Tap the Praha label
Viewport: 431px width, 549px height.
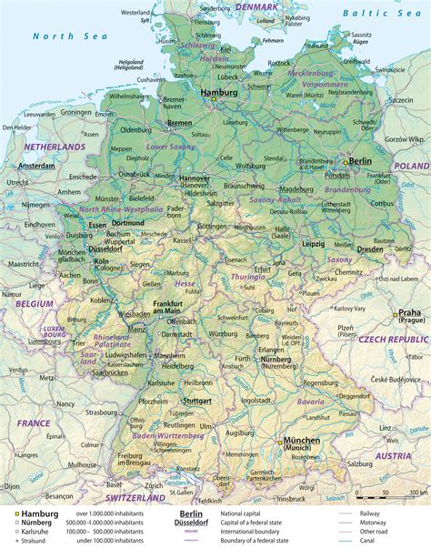pyautogui.click(x=410, y=313)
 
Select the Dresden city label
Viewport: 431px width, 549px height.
pyautogui.click(x=369, y=248)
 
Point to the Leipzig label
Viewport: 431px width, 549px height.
pyautogui.click(x=316, y=244)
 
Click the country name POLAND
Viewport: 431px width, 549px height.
pyautogui.click(x=411, y=166)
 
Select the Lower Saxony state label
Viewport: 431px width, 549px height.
pyautogui.click(x=171, y=146)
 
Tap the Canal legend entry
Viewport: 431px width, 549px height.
pyautogui.click(x=396, y=544)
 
